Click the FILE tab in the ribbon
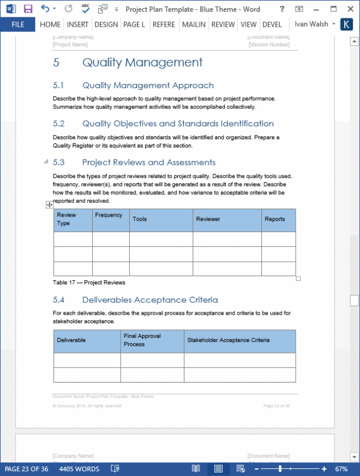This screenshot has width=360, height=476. pyautogui.click(x=18, y=25)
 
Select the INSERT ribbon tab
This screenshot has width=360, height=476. pyautogui.click(x=77, y=25)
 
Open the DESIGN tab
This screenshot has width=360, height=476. pyautogui.click(x=106, y=25)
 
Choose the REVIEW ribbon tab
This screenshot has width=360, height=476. pyautogui.click(x=223, y=25)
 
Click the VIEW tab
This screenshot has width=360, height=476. pyautogui.click(x=249, y=25)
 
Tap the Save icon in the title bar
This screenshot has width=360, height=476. pyautogui.click(x=28, y=9)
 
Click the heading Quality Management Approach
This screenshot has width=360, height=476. pyautogui.click(x=148, y=85)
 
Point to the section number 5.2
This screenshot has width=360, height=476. pyautogui.click(x=58, y=124)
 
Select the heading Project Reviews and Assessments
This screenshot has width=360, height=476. pyautogui.click(x=149, y=162)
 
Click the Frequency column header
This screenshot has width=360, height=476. pyautogui.click(x=108, y=215)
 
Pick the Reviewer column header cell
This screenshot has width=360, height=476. pyautogui.click(x=208, y=219)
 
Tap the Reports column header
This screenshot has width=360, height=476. pyautogui.click(x=275, y=219)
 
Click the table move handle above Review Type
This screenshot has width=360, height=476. pyautogui.click(x=49, y=205)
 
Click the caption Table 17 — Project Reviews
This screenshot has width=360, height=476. pyautogui.click(x=89, y=282)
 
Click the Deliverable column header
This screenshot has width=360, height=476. pyautogui.click(x=71, y=340)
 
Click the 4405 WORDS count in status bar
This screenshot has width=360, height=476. pyautogui.click(x=79, y=469)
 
